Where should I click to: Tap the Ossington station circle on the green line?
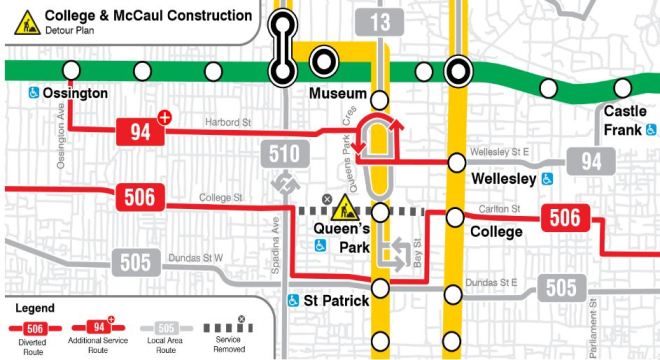(x=72, y=70)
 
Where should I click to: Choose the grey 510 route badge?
(x=280, y=153)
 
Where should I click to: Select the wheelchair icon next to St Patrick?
(x=294, y=300)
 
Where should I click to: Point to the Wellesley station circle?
(x=457, y=161)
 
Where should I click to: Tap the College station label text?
(x=495, y=232)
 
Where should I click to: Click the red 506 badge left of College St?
(x=140, y=197)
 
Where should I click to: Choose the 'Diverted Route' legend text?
(x=32, y=346)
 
